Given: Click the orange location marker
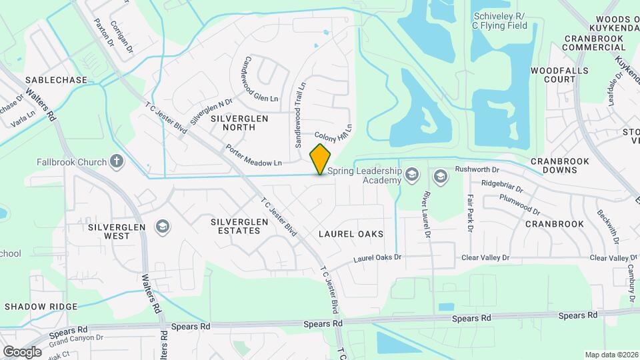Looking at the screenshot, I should click(321, 159).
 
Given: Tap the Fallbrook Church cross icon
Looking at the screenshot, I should click(117, 161).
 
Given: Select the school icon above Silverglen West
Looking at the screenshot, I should click(161, 227).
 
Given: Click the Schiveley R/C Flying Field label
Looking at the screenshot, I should click(499, 21).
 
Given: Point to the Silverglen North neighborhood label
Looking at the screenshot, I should click(239, 122).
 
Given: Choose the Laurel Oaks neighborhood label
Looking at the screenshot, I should click(351, 234).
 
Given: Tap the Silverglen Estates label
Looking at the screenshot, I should click(235, 226).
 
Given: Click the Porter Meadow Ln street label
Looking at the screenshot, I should click(253, 155).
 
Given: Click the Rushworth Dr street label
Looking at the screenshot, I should click(477, 169).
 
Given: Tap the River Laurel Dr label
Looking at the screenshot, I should click(425, 215).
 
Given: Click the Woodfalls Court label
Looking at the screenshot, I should click(553, 74).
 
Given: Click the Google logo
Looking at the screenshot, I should click(22, 351).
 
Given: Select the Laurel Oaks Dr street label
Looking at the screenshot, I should click(377, 257).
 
